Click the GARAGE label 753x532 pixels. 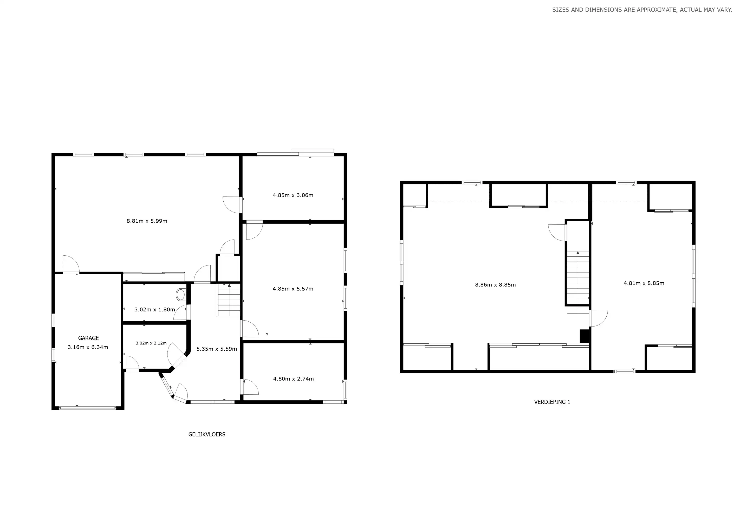coord(88,338)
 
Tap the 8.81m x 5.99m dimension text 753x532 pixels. coord(147,221)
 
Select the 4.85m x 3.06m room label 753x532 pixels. coord(293,195)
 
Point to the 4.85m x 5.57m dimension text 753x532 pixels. coord(293,289)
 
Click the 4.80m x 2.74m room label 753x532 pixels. coord(293,379)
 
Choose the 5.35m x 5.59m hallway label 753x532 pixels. coord(216,349)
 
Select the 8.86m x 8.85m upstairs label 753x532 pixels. coord(495,285)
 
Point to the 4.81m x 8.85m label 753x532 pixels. coord(644,283)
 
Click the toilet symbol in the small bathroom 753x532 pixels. coord(180,295)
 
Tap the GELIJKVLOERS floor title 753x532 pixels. coord(207,434)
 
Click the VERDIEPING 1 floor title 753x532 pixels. coord(552,402)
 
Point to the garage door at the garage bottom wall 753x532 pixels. coord(88,408)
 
